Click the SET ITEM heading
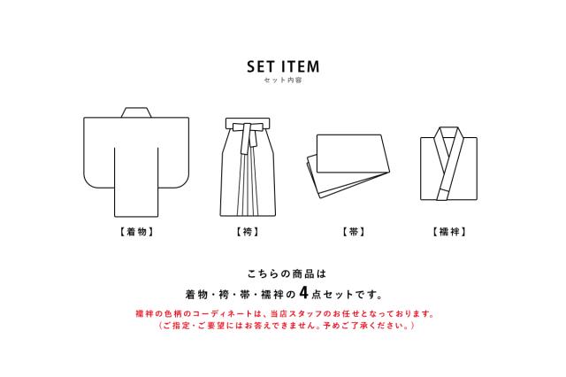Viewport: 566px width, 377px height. (x=283, y=66)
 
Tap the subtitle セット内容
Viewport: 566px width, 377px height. (x=283, y=81)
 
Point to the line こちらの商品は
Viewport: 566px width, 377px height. (x=283, y=273)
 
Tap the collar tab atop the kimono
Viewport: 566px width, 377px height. (x=134, y=112)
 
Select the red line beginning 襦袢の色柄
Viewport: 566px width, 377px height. (x=283, y=314)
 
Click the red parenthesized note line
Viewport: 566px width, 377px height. (x=283, y=326)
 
